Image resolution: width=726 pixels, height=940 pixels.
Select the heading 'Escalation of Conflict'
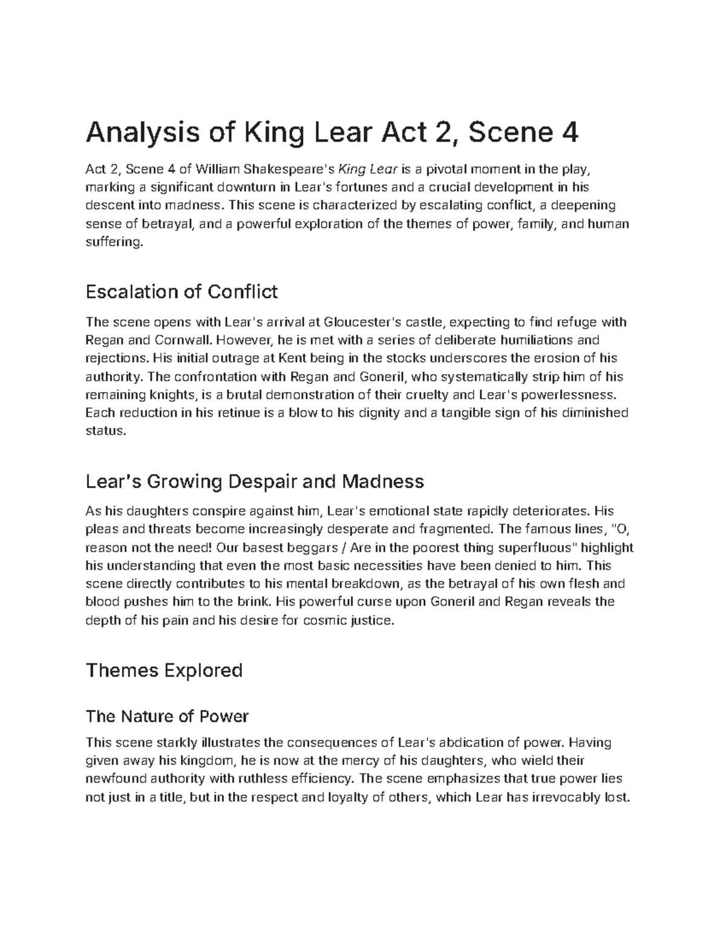[x=181, y=292]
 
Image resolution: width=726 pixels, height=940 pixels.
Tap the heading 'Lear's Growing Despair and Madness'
[x=255, y=482]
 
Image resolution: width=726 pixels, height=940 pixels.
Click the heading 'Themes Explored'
[x=164, y=671]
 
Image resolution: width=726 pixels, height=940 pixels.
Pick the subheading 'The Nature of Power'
[x=167, y=717]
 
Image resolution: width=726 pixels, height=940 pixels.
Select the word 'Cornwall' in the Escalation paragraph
[x=181, y=340]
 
